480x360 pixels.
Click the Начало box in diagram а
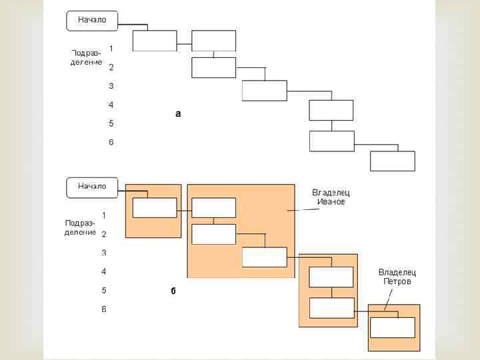pos(92,20)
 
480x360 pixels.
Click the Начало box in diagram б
pos(92,186)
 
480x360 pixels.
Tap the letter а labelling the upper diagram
pos(178,114)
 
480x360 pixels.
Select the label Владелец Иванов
pos(331,197)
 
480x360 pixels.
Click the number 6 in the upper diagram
pos(111,142)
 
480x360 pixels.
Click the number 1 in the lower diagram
pos(104,215)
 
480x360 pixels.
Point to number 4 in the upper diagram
pos(111,105)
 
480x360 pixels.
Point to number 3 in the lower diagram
pos(104,253)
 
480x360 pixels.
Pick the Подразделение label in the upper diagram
pos(87,57)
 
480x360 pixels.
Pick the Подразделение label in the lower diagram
pos(80,227)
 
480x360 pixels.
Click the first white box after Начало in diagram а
pos(155,41)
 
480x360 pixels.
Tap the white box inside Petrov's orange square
pos(392,327)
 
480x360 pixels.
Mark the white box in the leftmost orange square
pos(155,207)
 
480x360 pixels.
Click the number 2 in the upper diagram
pos(111,67)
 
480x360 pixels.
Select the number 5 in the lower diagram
pos(104,290)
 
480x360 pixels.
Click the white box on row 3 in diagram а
pos(264,90)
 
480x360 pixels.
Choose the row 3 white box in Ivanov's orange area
pos(264,257)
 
